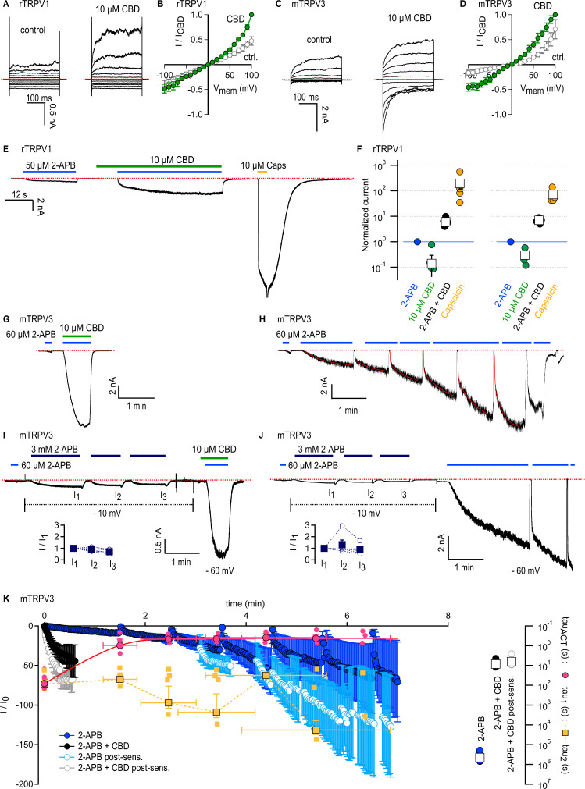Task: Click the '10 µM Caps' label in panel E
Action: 261,165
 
